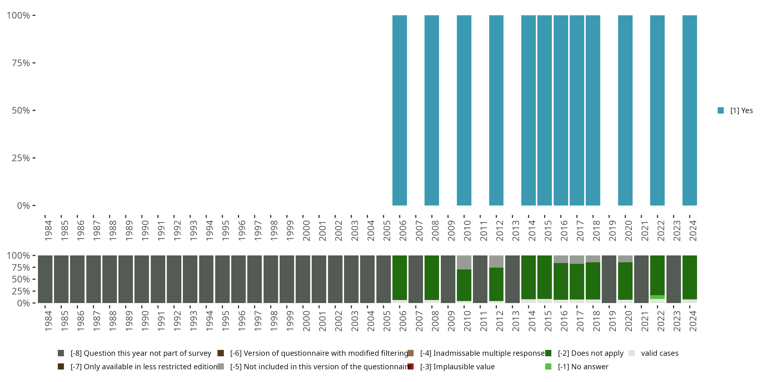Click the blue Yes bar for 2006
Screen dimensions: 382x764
click(400, 110)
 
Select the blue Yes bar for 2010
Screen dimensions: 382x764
click(464, 110)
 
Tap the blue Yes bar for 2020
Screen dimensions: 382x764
click(625, 110)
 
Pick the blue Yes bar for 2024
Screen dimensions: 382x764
click(690, 110)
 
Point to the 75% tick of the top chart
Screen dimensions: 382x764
click(34, 63)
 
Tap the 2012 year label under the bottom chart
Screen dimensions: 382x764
click(500, 321)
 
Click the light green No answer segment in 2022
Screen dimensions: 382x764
click(657, 297)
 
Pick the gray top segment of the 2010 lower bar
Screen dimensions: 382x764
click(464, 262)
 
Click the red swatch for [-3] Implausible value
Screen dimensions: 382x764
click(411, 366)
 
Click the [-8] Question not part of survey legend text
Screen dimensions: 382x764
click(141, 353)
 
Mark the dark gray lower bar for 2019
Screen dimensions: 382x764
click(609, 279)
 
